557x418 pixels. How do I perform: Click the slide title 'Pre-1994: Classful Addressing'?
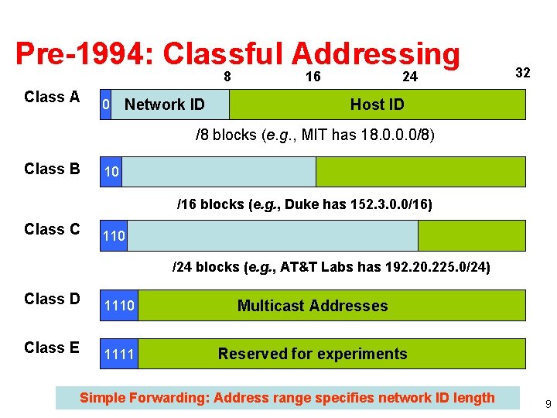coord(237,54)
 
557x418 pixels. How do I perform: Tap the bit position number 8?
coord(227,77)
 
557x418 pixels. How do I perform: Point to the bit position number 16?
coord(313,77)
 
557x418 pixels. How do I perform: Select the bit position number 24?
coord(409,77)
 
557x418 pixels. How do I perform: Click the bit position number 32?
coord(523,73)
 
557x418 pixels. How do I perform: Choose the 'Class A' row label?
coord(52,97)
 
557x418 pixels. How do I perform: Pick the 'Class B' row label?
coord(52,169)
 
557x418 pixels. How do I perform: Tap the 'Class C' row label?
coord(52,229)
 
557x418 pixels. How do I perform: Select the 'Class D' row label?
coord(52,299)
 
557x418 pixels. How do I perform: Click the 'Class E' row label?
coord(52,348)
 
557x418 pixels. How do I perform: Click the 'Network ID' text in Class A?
coord(165,104)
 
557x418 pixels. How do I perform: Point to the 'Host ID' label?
coord(377,104)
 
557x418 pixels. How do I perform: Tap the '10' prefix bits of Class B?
coord(111,172)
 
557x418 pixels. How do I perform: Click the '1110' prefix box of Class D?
coord(119,306)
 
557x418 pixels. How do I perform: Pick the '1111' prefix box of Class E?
coord(119,354)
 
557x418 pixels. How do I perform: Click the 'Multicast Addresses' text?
coord(313,306)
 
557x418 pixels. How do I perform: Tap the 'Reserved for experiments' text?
coord(313,354)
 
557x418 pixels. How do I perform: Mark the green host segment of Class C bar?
coord(471,235)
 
